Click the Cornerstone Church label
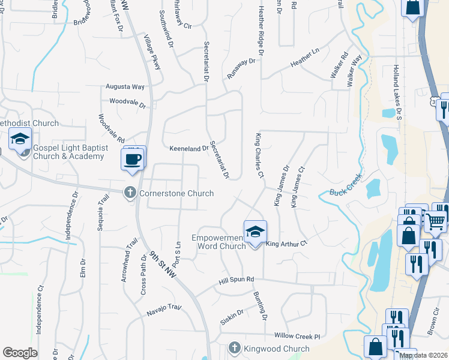point(176,193)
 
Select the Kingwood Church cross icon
point(234,348)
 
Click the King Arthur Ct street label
point(287,244)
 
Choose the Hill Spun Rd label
point(237,279)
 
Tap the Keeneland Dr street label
point(188,148)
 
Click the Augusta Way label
point(126,86)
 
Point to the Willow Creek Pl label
point(297,336)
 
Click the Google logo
point(20,353)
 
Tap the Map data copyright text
point(424,355)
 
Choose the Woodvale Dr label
point(128,103)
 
